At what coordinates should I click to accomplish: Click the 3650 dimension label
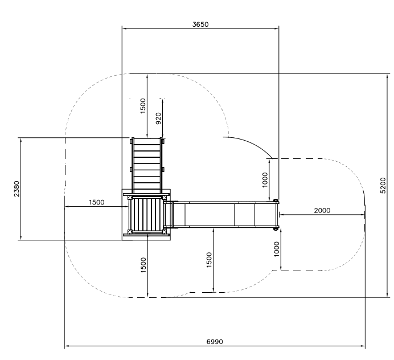(x=200, y=24)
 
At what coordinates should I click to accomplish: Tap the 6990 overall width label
(x=215, y=342)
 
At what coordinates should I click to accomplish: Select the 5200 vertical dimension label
(x=383, y=185)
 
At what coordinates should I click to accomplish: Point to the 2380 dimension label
(x=17, y=189)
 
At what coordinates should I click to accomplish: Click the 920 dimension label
(x=158, y=118)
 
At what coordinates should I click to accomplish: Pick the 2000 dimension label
(x=322, y=210)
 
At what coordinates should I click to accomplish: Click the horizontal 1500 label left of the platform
(x=96, y=202)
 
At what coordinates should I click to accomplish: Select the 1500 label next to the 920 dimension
(x=143, y=106)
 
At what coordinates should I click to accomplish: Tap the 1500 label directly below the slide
(x=209, y=260)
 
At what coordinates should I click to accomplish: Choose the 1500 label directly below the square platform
(x=143, y=265)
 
